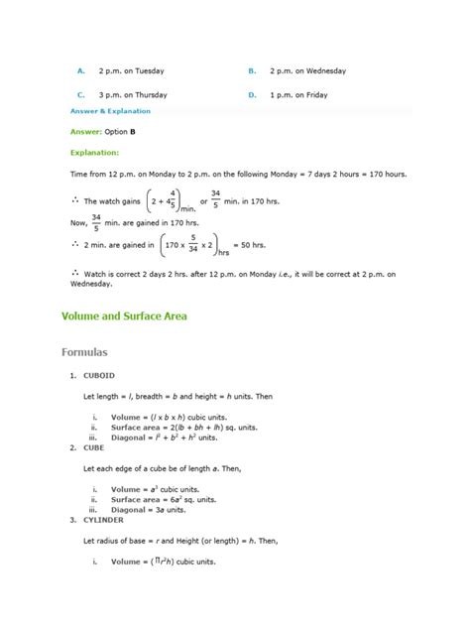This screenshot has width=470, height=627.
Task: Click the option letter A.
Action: pyautogui.click(x=80, y=71)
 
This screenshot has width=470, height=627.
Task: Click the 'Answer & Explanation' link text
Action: pyautogui.click(x=110, y=111)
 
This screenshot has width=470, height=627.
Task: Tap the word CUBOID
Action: pyautogui.click(x=102, y=376)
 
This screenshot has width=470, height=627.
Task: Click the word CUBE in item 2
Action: pyautogui.click(x=96, y=447)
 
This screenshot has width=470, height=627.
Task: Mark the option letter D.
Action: pyautogui.click(x=253, y=95)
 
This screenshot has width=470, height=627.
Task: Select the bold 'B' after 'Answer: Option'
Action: pyautogui.click(x=133, y=131)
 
